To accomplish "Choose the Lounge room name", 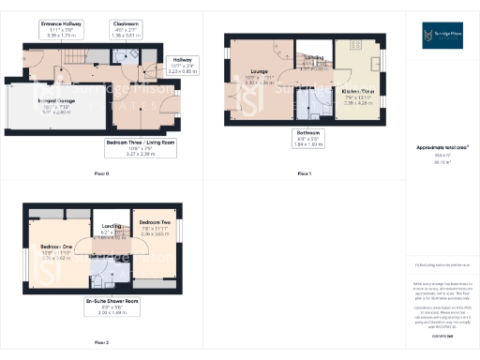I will coord(257,76).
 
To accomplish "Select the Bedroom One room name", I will coord(56,248).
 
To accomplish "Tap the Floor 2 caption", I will coord(102,342).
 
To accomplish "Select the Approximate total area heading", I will coord(442,147).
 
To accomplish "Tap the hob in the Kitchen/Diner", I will coord(357,44).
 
